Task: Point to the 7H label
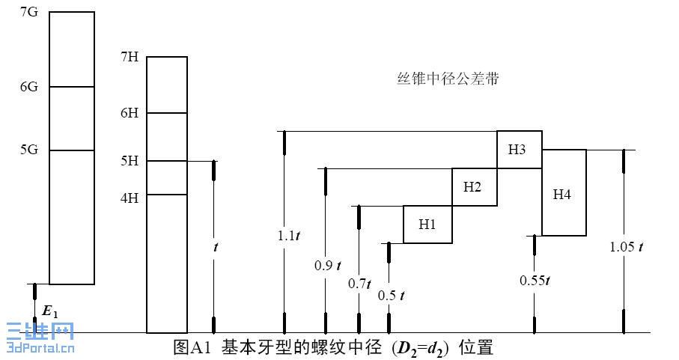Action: [130, 56]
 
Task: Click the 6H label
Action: [130, 113]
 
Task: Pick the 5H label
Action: [130, 160]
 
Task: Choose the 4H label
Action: [130, 198]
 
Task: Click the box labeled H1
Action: [427, 224]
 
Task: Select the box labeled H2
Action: [472, 187]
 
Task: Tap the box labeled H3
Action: [518, 149]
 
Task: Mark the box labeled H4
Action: [563, 193]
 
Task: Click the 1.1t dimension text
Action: [288, 235]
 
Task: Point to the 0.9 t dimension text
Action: [328, 264]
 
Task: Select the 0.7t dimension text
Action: [360, 284]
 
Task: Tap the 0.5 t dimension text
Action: [392, 295]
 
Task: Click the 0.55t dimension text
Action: [535, 281]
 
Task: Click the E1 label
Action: [50, 309]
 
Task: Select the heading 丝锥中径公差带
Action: [448, 78]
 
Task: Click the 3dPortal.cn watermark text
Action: [39, 347]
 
